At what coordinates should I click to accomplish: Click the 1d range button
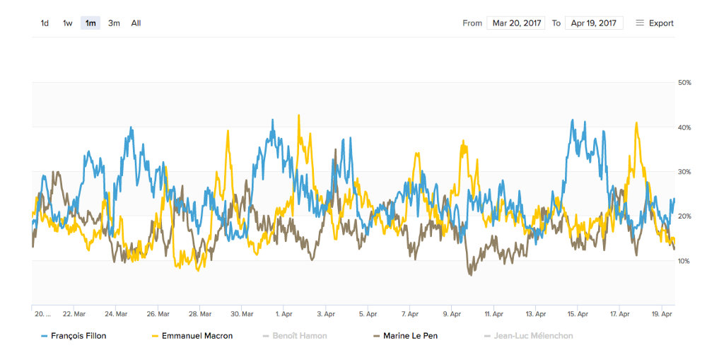point(45,23)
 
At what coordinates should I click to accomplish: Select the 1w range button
point(68,23)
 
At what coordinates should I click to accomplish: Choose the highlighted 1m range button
point(90,23)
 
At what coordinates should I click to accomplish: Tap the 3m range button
point(114,23)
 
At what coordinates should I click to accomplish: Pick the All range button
point(136,23)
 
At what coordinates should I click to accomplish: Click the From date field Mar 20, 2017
point(517,23)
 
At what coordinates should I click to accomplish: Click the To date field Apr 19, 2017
point(594,23)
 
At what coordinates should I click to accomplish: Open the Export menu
point(655,23)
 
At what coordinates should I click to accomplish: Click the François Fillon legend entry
point(74,336)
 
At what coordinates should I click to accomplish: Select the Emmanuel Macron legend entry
point(192,336)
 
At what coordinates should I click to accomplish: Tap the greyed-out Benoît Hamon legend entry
point(295,336)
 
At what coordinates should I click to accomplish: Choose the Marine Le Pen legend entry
point(405,336)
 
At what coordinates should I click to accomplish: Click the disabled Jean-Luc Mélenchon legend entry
point(528,336)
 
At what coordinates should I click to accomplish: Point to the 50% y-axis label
point(684,83)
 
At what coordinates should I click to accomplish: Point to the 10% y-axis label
point(684,261)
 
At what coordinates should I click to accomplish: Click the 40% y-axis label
point(684,127)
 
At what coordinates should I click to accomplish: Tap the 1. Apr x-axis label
point(284,313)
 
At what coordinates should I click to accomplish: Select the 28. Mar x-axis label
point(200,313)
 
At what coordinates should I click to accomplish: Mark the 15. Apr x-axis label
point(578,313)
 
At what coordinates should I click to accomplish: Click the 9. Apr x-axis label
point(452,313)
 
